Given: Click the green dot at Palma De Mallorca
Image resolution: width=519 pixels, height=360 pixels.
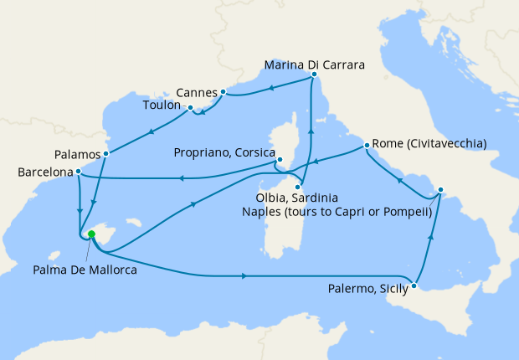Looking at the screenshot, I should click(91, 234).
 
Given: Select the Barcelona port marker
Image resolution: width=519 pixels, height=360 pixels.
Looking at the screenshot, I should click(77, 172).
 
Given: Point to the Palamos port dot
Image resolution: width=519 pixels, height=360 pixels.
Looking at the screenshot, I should click(106, 154).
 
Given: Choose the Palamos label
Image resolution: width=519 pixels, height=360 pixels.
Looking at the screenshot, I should click(77, 155).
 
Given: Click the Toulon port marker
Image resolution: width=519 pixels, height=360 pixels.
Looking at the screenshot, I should click(191, 108).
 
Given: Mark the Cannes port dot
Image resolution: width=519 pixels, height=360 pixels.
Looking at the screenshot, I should click(224, 91).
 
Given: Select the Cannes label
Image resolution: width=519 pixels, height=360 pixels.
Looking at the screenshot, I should click(197, 91).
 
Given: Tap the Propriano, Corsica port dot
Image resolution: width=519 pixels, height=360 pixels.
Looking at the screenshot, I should click(280, 160).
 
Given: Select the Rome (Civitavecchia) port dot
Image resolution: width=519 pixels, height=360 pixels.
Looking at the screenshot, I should click(367, 147).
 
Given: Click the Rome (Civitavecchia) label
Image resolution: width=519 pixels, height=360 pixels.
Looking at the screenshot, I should click(429, 142).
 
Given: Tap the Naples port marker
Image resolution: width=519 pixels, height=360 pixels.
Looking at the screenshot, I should click(440, 189).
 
